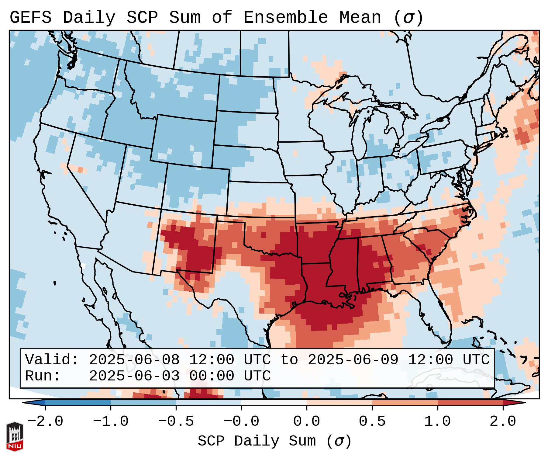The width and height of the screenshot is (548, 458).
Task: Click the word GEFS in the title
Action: (x=30, y=18)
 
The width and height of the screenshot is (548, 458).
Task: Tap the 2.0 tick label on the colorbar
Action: (x=503, y=422)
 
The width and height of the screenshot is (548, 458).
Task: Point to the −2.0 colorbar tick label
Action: (x=45, y=422)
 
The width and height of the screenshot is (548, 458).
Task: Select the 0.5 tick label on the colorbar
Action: (x=372, y=422)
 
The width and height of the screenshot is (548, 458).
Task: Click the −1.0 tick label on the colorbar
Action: (x=111, y=422)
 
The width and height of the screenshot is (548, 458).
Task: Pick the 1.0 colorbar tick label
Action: (x=437, y=422)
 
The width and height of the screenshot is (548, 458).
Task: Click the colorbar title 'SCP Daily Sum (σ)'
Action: (x=274, y=441)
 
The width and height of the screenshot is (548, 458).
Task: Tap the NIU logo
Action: (x=15, y=436)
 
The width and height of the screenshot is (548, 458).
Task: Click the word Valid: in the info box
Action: (x=52, y=360)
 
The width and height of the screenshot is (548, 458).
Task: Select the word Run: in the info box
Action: (x=43, y=376)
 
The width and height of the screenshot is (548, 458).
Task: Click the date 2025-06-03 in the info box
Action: (x=134, y=376)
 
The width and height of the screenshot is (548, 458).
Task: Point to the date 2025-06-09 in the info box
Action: (x=353, y=360)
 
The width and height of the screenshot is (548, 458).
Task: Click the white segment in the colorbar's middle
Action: (x=274, y=403)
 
